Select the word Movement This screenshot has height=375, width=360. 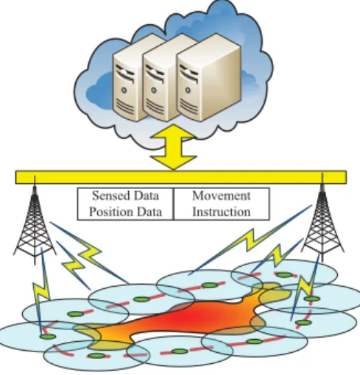(x=222, y=196)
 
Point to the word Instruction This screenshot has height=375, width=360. (x=222, y=212)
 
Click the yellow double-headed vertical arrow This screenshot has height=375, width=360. (x=174, y=147)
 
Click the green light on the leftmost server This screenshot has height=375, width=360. (x=124, y=90)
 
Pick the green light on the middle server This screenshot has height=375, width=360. (x=154, y=90)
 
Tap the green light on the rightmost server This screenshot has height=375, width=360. (x=188, y=90)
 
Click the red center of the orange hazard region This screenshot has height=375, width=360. (x=182, y=318)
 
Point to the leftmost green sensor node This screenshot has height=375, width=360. (x=48, y=337)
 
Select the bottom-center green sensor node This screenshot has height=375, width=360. (x=180, y=351)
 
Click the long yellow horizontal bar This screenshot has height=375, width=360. (x=181, y=177)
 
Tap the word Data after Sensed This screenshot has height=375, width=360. (x=146, y=196)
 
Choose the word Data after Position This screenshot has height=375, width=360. (x=149, y=212)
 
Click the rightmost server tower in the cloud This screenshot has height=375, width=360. (x=208, y=77)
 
